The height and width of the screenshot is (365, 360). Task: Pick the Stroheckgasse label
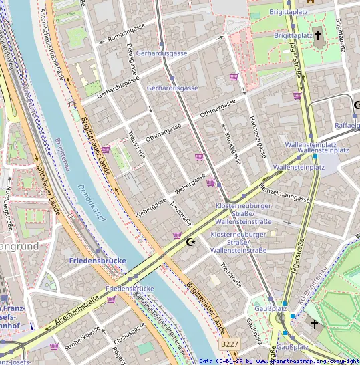click(82, 336)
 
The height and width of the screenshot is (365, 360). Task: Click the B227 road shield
click(229, 344)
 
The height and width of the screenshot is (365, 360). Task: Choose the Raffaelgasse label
click(347, 125)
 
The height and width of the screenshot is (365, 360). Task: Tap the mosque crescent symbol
click(192, 241)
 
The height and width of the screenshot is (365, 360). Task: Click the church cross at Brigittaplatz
click(318, 34)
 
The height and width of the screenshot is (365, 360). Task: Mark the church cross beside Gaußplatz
click(315, 324)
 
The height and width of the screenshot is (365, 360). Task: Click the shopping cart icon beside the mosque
click(176, 235)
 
